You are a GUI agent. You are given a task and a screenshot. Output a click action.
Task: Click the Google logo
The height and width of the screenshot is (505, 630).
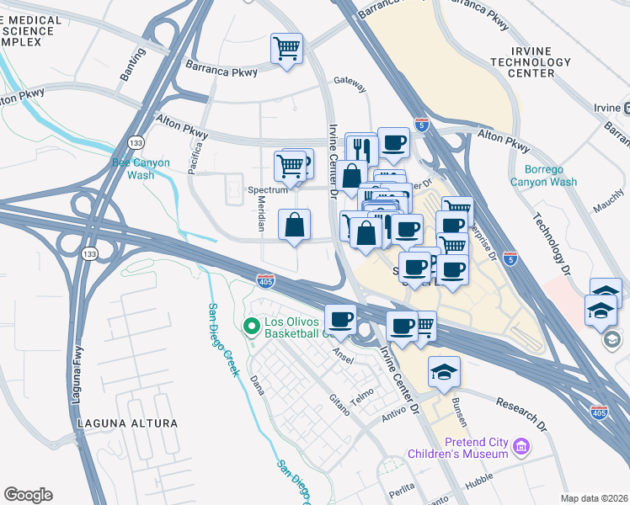coord(28,495)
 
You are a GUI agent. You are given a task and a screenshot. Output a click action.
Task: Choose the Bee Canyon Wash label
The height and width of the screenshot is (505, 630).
coord(141,168)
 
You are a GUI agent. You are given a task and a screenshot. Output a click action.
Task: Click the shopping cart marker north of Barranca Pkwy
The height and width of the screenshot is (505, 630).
coord(286,48)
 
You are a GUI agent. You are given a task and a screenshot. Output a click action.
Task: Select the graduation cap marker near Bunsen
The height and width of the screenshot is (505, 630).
coord(444,371)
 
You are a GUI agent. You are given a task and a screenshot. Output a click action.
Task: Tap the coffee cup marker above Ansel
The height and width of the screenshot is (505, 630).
coord(340,319)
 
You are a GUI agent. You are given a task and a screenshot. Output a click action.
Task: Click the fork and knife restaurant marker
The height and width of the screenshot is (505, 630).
coord(361,148)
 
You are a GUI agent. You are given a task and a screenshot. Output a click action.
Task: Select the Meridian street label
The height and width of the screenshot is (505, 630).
coord(260,218)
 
